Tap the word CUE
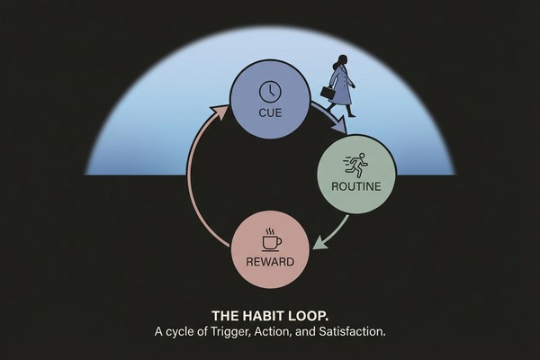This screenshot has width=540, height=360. tap(269, 114)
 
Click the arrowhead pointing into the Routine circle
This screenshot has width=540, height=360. tap(340, 132)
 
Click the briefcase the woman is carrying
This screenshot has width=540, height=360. tap(326, 93)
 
